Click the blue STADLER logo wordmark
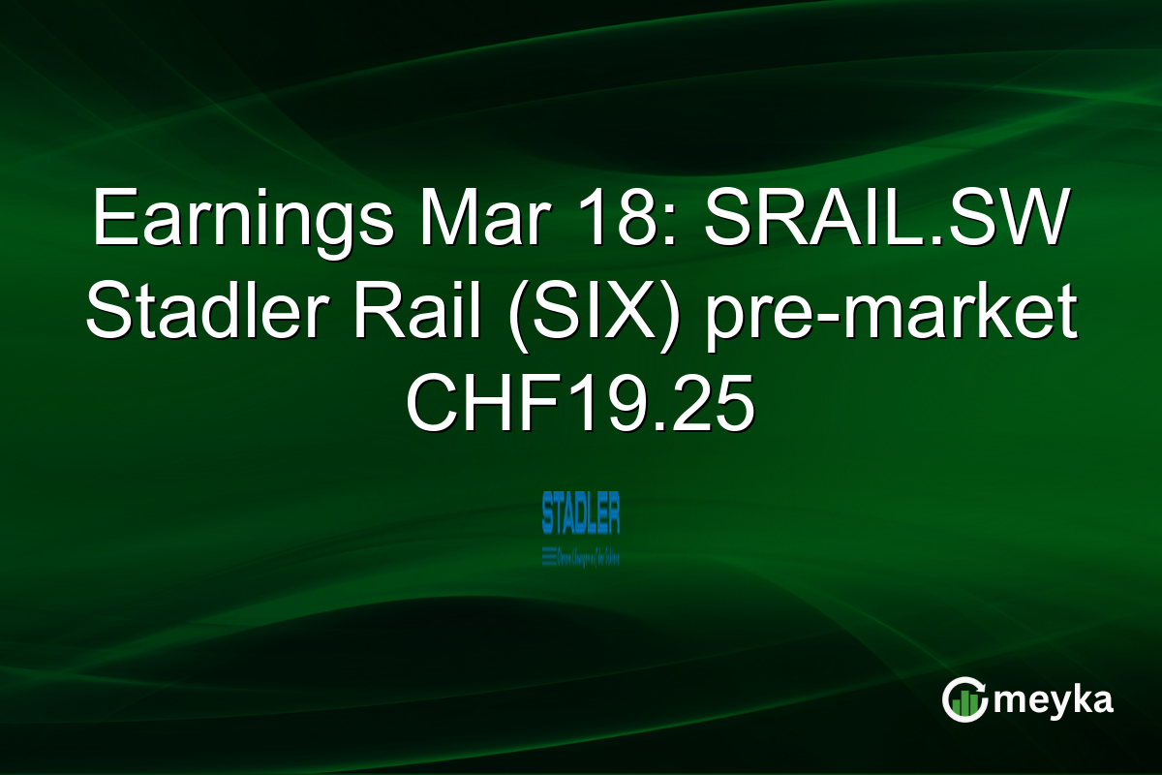click(581, 513)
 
